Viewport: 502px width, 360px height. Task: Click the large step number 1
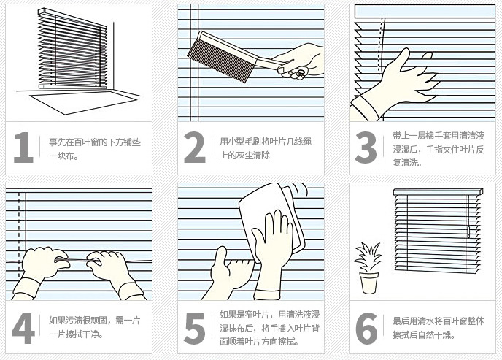[x=24, y=148]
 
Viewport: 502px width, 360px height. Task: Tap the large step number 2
[x=195, y=148]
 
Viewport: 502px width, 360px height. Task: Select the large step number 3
[x=366, y=148]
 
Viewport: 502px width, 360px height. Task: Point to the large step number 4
[x=23, y=329]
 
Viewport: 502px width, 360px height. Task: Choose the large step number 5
[x=195, y=329]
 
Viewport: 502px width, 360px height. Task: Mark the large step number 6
[x=366, y=329]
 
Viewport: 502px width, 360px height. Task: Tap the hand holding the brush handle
[x=299, y=61]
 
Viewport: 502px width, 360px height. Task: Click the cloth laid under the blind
[x=84, y=102]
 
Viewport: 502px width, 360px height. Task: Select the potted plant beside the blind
[x=368, y=268]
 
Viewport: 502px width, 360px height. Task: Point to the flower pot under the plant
[x=368, y=283]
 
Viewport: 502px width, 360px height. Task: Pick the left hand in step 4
[x=40, y=269]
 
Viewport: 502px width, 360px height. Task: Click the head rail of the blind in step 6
[x=438, y=192]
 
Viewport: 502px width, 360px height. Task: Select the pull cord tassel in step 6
[x=468, y=232]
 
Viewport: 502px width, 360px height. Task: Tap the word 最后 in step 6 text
[x=401, y=321]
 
